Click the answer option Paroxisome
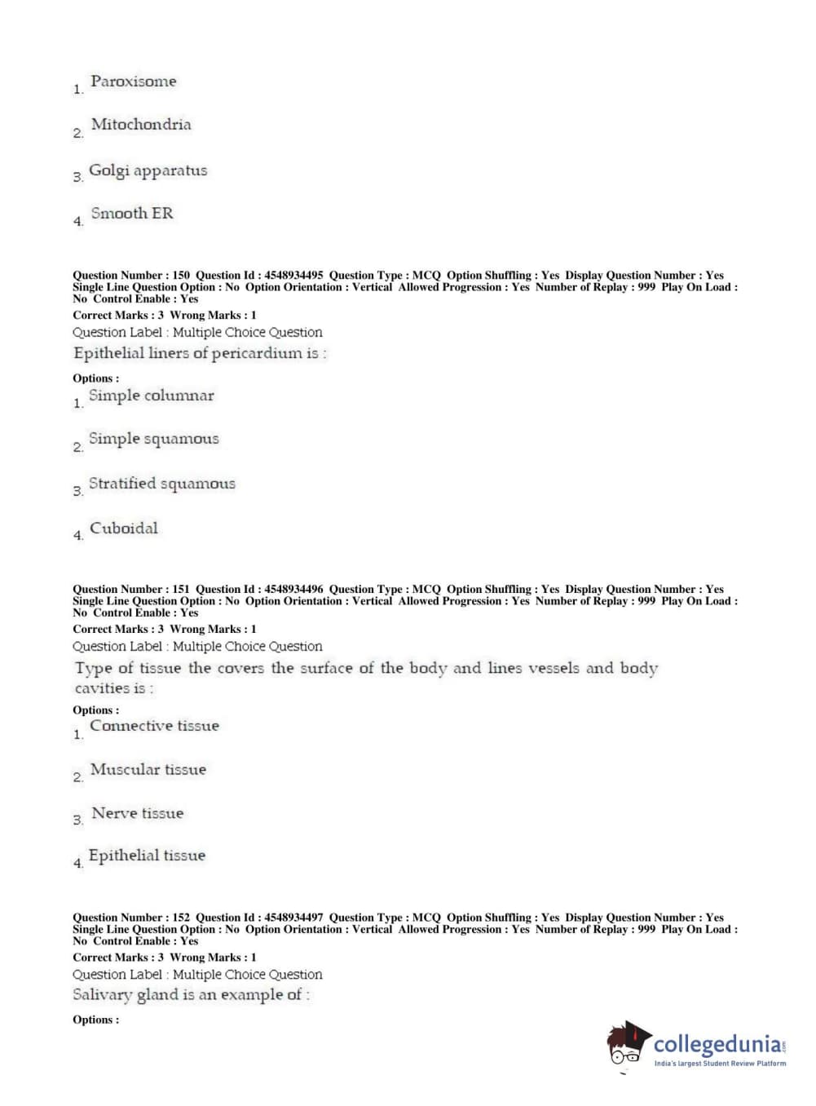[x=133, y=82]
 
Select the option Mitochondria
[x=141, y=125]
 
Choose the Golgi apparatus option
[x=148, y=170]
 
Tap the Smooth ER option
[x=131, y=214]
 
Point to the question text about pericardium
[x=200, y=353]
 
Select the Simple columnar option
[x=151, y=396]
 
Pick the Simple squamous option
[x=153, y=439]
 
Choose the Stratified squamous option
[x=161, y=484]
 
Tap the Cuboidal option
[x=123, y=529]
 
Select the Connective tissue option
[x=154, y=726]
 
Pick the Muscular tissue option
[x=148, y=770]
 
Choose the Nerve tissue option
[x=137, y=813]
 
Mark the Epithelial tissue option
[x=147, y=856]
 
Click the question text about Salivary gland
[x=191, y=995]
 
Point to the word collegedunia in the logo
[x=717, y=1044]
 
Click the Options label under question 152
[x=95, y=1020]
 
